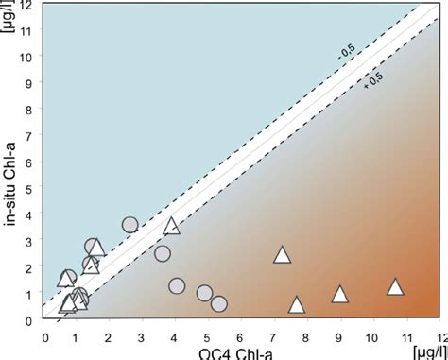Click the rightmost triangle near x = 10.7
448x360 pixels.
tap(396, 287)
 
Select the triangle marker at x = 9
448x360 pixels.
tap(340, 295)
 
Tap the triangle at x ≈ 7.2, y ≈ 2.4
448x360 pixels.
tap(282, 254)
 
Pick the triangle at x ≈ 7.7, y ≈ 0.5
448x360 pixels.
tap(297, 305)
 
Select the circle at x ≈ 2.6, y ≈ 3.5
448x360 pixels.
tap(130, 225)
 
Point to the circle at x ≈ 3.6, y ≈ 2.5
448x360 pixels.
tap(163, 253)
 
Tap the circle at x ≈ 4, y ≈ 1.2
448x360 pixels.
tap(177, 286)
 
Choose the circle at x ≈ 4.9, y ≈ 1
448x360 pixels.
tap(204, 293)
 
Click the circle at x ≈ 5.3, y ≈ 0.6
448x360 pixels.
tap(219, 303)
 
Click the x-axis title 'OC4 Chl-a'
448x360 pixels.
tap(226, 352)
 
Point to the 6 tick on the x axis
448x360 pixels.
tap(241, 335)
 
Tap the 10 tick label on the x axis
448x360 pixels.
tap(372, 335)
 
